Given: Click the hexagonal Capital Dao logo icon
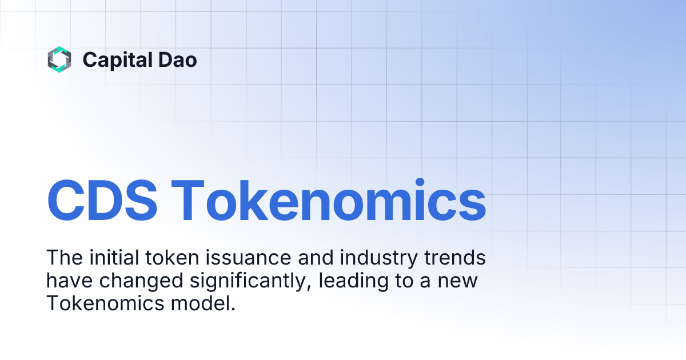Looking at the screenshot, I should tap(59, 59).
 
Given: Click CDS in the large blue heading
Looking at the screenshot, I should tap(103, 201).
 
